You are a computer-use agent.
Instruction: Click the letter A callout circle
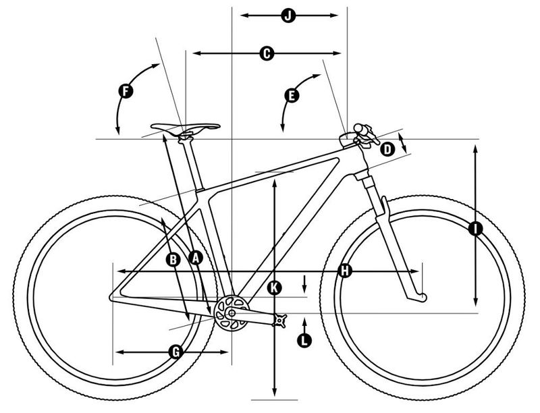point(196,257)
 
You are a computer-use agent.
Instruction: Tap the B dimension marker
point(173,260)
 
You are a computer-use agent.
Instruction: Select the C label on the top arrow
point(267,53)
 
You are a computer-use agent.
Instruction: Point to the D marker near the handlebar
point(387,150)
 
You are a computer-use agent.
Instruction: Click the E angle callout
point(292,95)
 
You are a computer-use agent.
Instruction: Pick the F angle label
point(126,92)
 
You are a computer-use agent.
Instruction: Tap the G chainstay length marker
point(176,352)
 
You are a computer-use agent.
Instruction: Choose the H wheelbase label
point(345,271)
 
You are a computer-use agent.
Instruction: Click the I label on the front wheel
point(476,229)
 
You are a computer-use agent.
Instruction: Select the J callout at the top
point(288,15)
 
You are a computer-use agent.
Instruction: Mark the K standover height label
point(274,287)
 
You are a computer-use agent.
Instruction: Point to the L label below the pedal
point(304,340)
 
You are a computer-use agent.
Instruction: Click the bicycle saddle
point(185,127)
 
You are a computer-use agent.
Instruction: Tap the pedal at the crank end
point(279,321)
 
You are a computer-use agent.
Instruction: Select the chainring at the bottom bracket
point(232,313)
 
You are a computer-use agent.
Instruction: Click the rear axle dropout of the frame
point(113,297)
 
